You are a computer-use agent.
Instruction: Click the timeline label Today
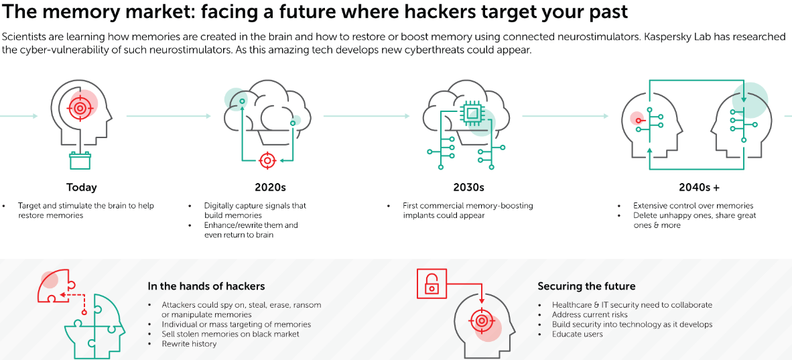point(81,187)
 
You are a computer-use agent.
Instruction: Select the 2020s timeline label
point(270,187)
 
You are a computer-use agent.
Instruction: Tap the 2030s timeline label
point(468,187)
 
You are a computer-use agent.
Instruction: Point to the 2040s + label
point(699,187)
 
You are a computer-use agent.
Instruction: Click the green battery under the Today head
point(80,161)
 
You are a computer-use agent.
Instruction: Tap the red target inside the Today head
point(80,107)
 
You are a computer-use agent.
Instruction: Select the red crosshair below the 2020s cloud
point(267,160)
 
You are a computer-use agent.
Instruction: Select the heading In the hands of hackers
point(206,286)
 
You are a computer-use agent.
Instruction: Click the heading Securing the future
point(586,286)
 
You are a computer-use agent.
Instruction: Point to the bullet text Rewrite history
point(189,344)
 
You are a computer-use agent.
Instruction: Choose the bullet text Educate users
point(577,334)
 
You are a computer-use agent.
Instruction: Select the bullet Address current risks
point(590,314)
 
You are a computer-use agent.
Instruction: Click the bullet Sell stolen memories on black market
point(230,334)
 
